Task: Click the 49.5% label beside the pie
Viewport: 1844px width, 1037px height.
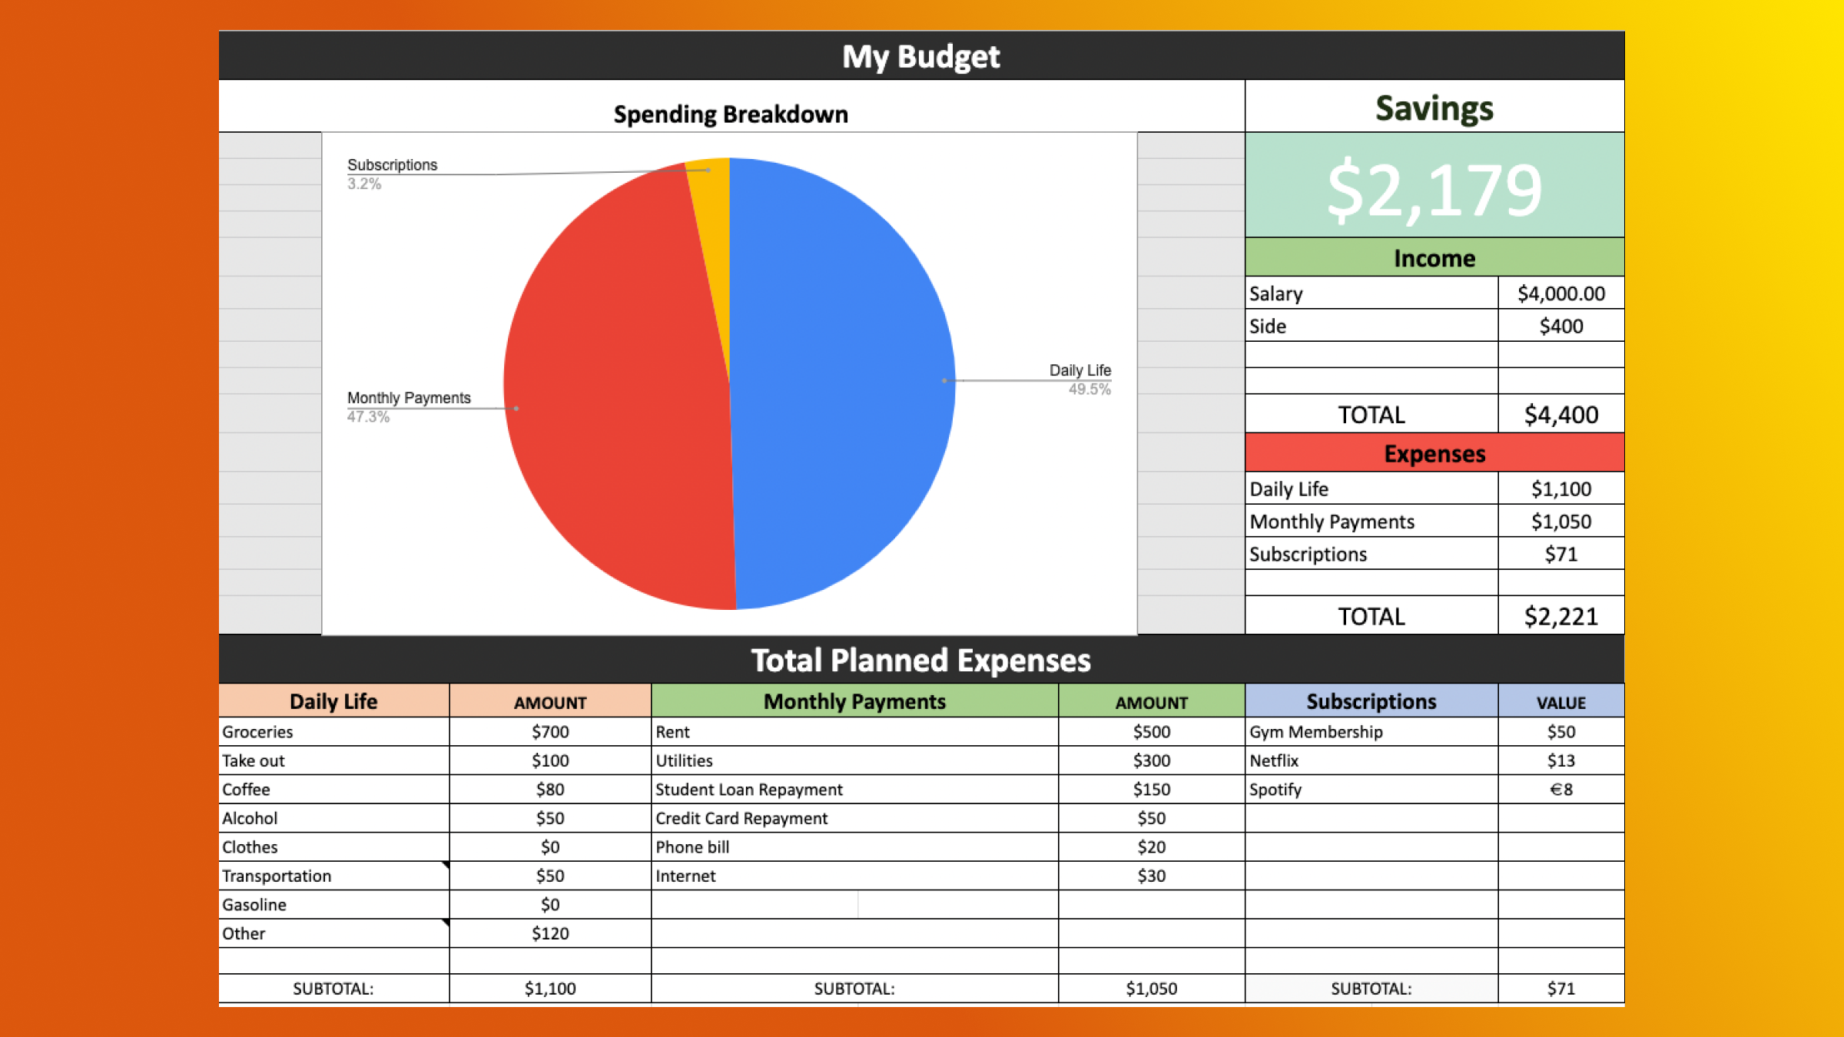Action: point(1089,389)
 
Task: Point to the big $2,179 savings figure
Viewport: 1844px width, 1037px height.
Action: point(1434,190)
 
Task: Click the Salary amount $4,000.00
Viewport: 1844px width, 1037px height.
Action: point(1560,293)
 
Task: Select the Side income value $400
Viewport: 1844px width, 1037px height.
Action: point(1560,326)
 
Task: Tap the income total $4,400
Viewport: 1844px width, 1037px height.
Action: point(1560,415)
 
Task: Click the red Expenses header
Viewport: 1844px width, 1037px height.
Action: point(1434,453)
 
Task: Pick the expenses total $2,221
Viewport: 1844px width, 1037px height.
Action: point(1560,616)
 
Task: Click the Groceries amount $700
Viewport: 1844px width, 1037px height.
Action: point(550,732)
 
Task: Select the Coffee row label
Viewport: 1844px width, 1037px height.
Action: point(247,790)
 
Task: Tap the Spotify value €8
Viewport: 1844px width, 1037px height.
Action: point(1560,790)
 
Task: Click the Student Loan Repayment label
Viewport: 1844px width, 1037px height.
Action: point(748,790)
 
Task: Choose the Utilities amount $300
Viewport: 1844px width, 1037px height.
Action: point(1151,760)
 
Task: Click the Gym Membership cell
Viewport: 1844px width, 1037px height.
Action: point(1315,732)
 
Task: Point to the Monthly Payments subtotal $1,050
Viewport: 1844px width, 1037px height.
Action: point(1151,989)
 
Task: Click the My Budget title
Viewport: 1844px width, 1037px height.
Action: point(920,56)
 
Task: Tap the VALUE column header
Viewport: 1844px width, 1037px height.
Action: point(1560,702)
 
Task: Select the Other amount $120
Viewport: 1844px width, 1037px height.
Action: point(550,933)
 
